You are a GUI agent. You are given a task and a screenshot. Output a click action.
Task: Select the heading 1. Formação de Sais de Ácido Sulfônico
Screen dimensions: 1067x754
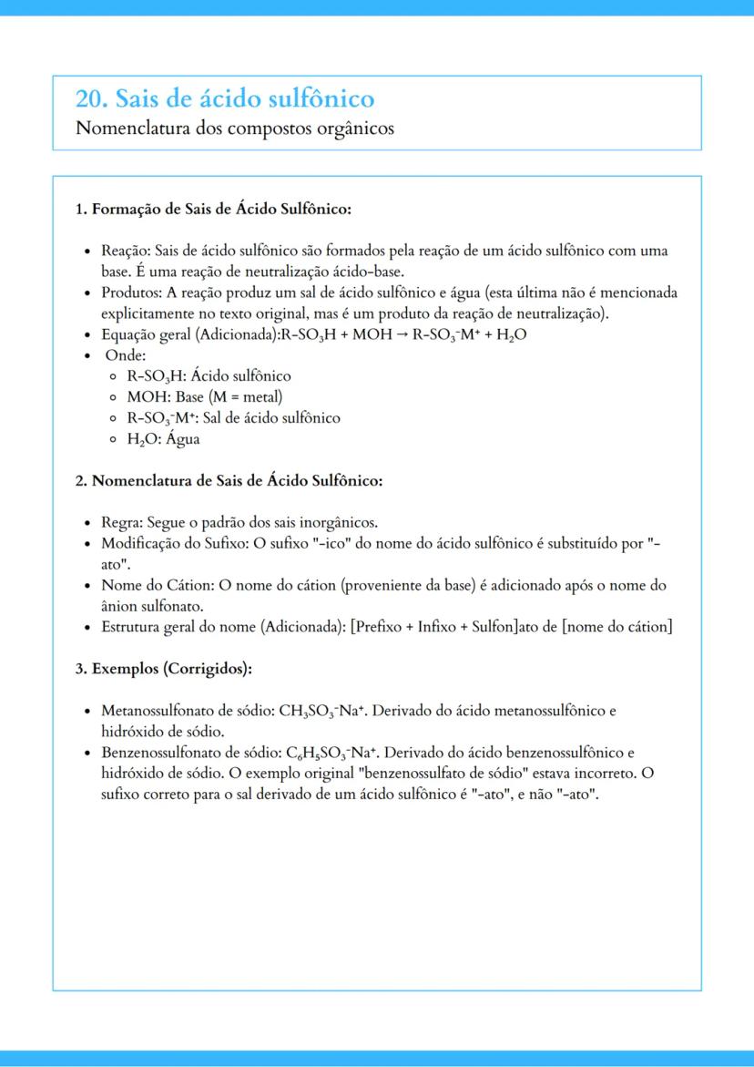tap(213, 210)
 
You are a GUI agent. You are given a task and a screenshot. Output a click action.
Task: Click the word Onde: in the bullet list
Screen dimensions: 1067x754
tap(126, 355)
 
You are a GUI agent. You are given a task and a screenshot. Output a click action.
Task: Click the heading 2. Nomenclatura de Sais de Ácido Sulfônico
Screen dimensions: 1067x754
tap(229, 480)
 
